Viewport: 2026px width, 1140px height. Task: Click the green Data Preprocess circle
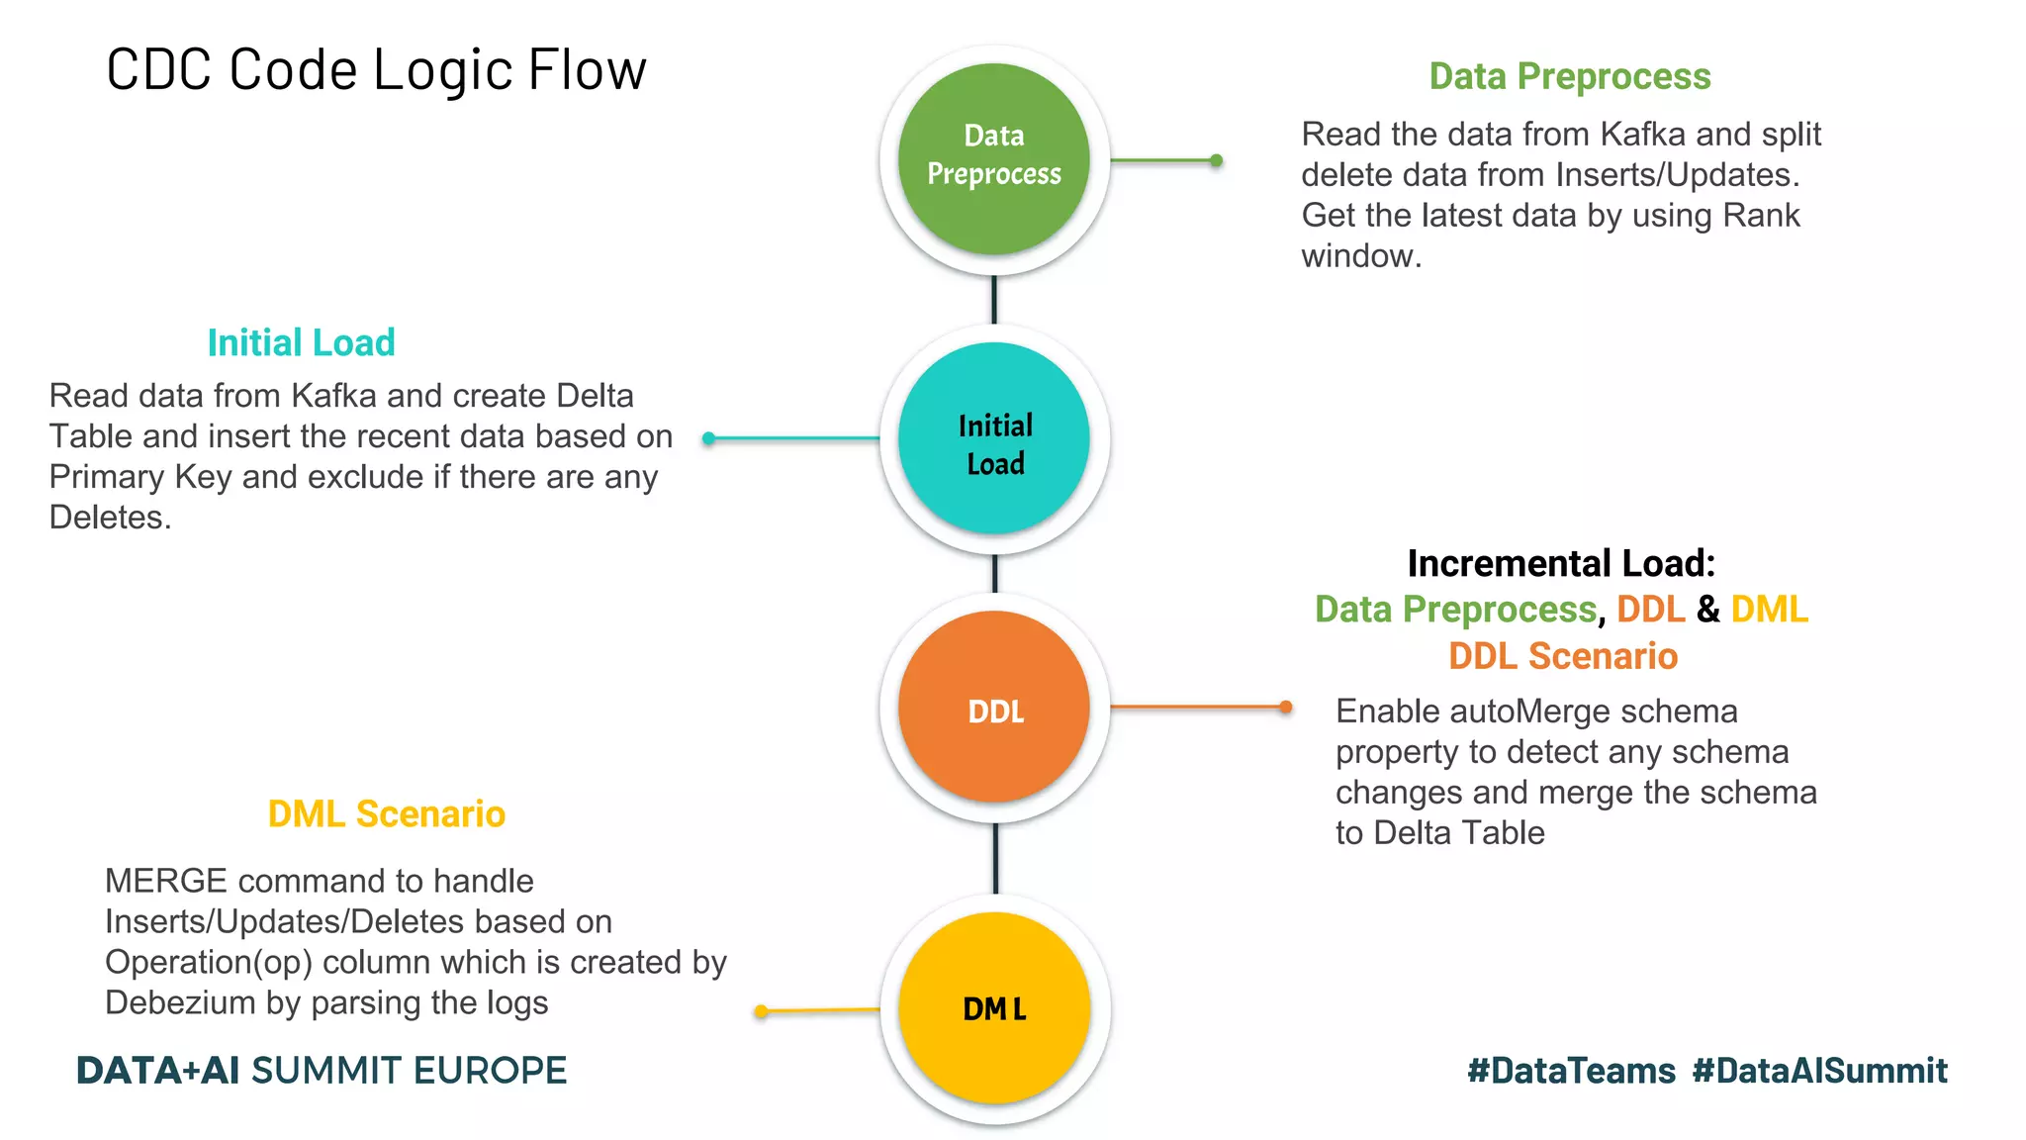click(994, 158)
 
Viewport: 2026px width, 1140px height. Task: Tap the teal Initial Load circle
click(994, 438)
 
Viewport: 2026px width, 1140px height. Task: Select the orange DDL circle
click(994, 707)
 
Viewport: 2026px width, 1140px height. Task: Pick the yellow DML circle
click(994, 1007)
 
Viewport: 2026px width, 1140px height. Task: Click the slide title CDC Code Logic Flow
click(376, 70)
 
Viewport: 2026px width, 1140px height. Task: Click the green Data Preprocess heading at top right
click(1569, 76)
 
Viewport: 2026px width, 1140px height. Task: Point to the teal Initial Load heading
click(301, 342)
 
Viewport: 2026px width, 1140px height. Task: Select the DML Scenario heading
click(386, 813)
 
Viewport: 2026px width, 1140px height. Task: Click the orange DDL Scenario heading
click(1562, 656)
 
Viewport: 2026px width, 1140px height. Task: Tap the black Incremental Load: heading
click(1560, 563)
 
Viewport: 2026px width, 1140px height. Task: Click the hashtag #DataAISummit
click(1819, 1071)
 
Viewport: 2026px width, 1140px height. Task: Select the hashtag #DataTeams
click(1571, 1071)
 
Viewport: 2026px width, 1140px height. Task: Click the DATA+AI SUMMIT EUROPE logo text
click(322, 1071)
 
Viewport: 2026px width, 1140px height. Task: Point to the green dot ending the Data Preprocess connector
click(1217, 160)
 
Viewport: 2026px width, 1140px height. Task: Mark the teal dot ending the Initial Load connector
click(708, 438)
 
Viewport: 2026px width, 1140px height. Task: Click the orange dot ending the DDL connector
click(1286, 707)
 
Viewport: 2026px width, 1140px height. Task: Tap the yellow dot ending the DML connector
click(761, 1011)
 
